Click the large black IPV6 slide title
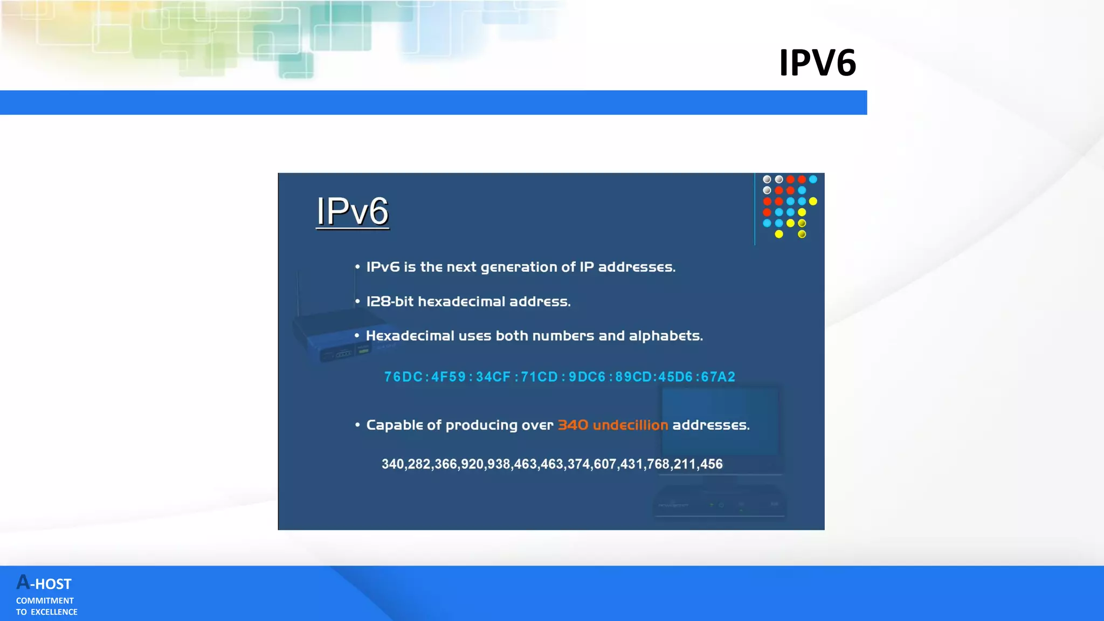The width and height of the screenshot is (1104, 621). [817, 63]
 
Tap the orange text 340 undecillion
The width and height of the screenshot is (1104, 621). [612, 425]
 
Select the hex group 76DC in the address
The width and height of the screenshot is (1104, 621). [403, 377]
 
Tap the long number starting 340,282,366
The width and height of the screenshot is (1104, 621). [552, 464]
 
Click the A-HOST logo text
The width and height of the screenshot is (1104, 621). [44, 583]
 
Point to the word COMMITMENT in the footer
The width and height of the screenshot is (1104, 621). [45, 601]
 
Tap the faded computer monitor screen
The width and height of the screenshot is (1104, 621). [720, 420]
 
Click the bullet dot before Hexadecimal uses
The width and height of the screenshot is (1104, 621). [357, 335]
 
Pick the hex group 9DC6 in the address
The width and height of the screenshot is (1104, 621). [587, 377]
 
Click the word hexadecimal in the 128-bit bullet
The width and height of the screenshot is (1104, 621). [461, 301]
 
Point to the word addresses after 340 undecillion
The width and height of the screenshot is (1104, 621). [710, 425]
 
